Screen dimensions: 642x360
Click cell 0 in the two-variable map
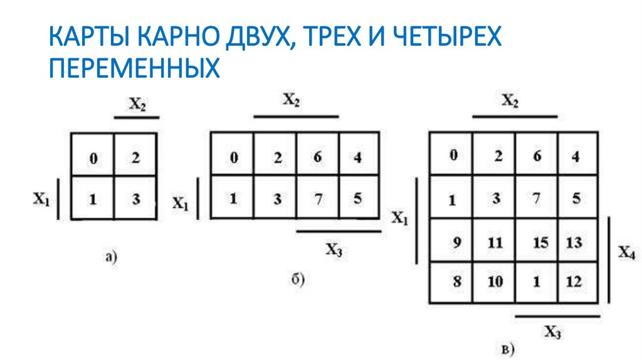[93, 159]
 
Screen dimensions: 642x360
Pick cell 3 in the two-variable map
[135, 199]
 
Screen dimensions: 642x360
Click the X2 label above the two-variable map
[137, 105]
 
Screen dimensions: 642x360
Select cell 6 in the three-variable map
[317, 157]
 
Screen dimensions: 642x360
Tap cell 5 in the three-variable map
[357, 199]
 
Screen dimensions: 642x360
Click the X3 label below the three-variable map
[334, 249]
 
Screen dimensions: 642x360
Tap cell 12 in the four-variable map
[573, 282]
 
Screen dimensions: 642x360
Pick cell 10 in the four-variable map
[495, 282]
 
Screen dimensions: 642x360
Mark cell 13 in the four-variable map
[573, 243]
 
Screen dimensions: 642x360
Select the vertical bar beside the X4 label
[608, 260]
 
